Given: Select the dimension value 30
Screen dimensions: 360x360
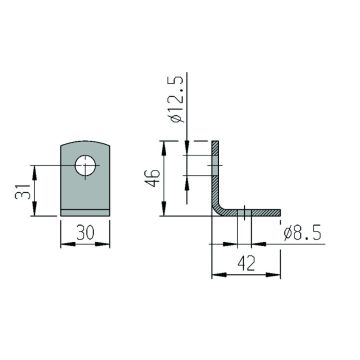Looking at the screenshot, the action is pyautogui.click(x=85, y=232).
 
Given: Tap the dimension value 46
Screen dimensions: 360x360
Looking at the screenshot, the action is pyautogui.click(x=153, y=178).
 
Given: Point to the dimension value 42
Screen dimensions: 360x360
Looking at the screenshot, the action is pyautogui.click(x=246, y=264).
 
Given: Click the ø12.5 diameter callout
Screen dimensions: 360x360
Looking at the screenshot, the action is pyautogui.click(x=177, y=99).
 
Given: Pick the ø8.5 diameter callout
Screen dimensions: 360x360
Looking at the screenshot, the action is pyautogui.click(x=302, y=233).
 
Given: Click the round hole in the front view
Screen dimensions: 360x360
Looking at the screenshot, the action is pyautogui.click(x=85, y=165).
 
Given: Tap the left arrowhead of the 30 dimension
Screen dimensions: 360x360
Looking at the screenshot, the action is pyautogui.click(x=68, y=244).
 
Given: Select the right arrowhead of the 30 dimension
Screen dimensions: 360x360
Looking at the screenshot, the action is pyautogui.click(x=102, y=244).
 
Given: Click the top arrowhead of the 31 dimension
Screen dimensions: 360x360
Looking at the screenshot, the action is pyautogui.click(x=35, y=173).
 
